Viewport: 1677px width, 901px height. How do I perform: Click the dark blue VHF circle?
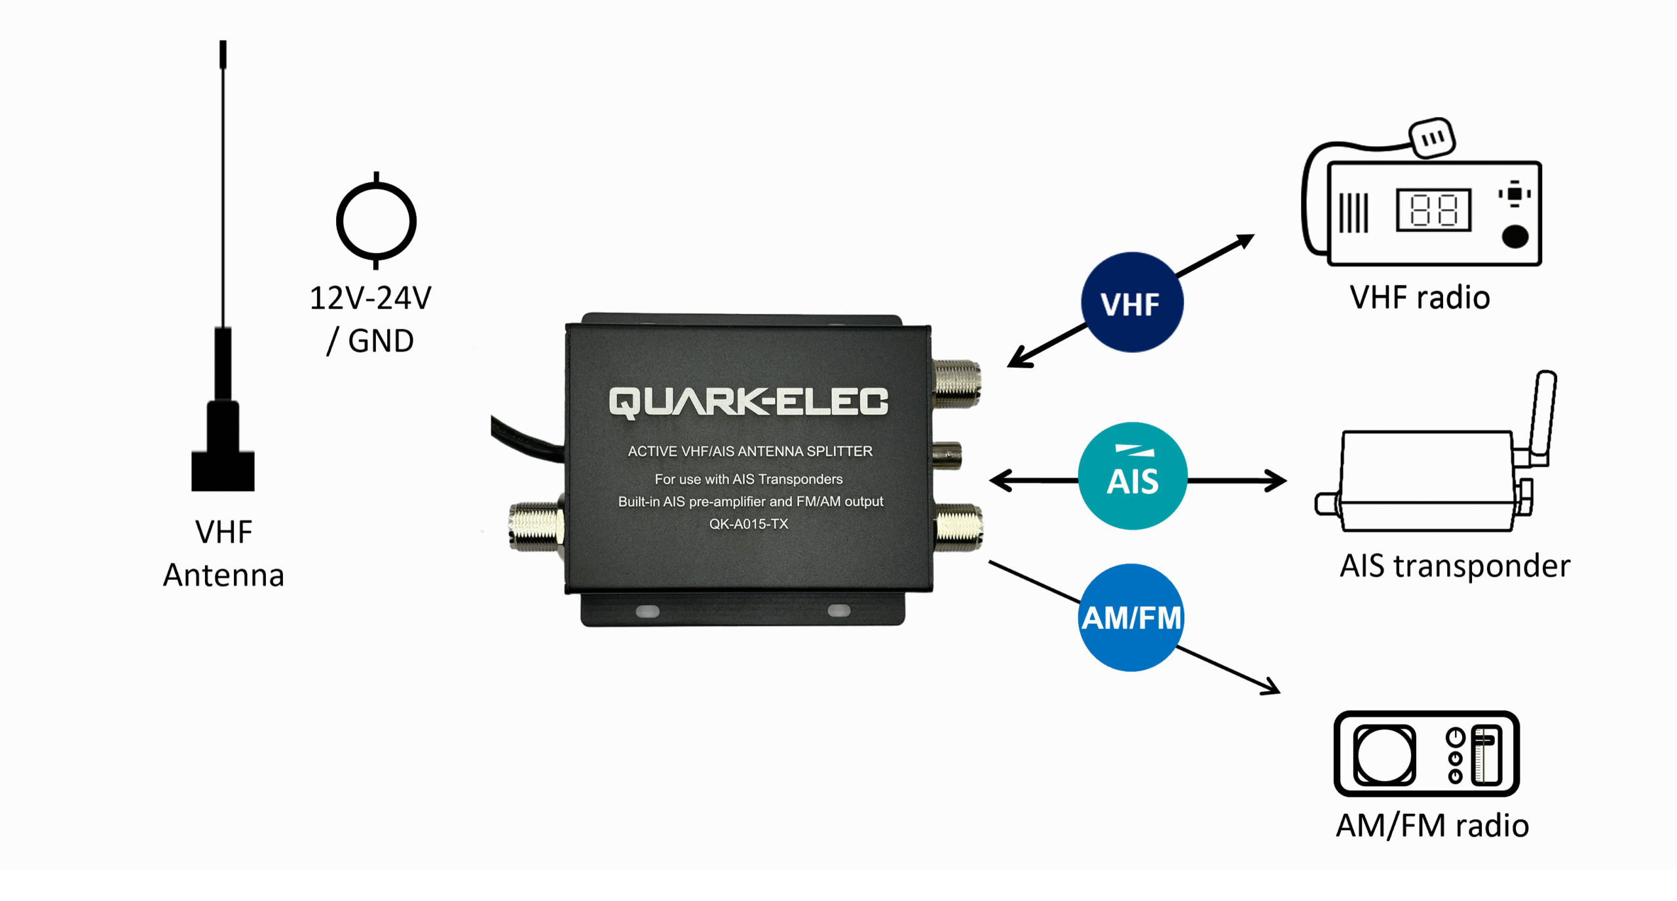1131,303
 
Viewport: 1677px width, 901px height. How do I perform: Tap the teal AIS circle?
1133,476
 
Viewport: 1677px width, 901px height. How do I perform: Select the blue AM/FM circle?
1131,617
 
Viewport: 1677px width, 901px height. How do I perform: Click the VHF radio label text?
1420,298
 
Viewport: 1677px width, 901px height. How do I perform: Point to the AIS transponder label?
1454,566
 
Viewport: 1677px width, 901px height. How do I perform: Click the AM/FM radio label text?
1432,826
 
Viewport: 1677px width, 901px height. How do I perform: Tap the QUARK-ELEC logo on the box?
748,402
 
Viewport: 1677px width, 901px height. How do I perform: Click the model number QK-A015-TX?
749,524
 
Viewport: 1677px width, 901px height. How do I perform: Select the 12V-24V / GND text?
371,319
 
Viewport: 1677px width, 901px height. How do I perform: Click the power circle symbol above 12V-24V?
376,221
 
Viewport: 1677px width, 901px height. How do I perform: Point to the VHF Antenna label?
223,554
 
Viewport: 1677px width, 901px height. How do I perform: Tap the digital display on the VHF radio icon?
1433,210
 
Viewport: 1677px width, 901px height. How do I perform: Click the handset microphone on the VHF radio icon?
1432,138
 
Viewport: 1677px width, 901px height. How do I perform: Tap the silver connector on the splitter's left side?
536,526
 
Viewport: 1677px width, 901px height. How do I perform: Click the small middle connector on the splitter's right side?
947,455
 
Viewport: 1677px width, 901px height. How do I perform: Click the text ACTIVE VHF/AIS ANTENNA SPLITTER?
750,451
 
